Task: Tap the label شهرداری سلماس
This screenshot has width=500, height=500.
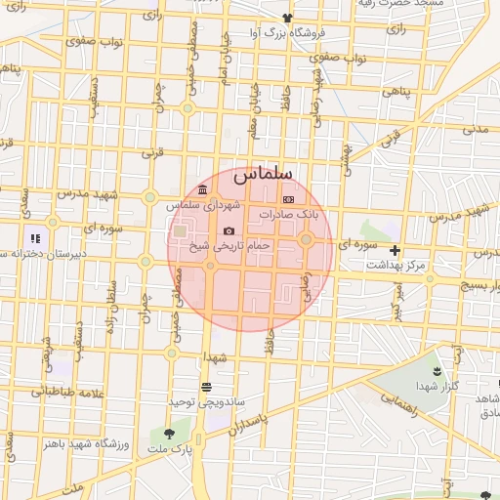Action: (202, 205)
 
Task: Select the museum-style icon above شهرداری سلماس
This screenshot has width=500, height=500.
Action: (202, 189)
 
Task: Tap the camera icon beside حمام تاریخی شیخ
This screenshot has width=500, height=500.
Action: (229, 230)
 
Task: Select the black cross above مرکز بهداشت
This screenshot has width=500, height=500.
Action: (395, 251)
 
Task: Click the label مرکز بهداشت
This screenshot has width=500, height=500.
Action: (395, 266)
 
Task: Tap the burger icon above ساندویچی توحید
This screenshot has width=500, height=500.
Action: (206, 387)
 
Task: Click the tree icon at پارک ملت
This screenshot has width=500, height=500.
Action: (171, 433)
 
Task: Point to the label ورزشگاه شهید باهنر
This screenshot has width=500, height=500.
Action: (96, 443)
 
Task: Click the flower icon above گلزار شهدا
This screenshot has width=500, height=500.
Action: (436, 372)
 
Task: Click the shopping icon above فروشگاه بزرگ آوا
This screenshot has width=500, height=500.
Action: (286, 18)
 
